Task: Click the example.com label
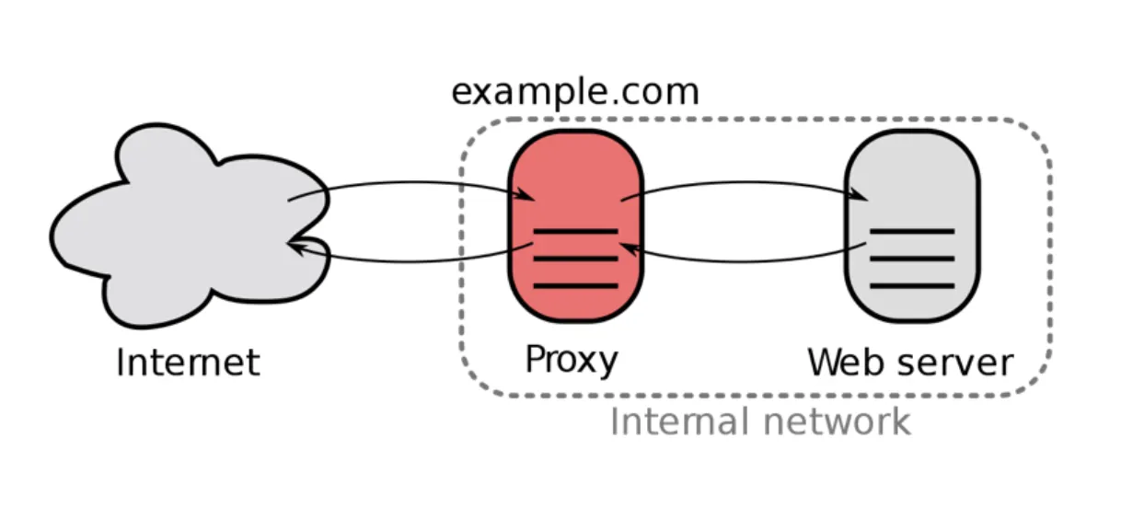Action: click(x=575, y=93)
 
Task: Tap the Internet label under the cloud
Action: click(x=188, y=362)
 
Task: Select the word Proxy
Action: click(x=572, y=361)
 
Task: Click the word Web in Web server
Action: click(x=850, y=362)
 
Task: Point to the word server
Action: click(x=956, y=363)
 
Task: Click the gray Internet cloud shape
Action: click(x=191, y=225)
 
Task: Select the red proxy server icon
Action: click(x=575, y=225)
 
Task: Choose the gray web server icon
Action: click(x=912, y=225)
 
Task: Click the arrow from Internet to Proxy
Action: click(x=411, y=183)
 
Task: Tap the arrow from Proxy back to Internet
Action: click(x=411, y=260)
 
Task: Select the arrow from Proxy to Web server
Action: click(x=745, y=183)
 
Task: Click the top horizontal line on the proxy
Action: click(x=576, y=232)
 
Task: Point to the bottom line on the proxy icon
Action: click(x=576, y=286)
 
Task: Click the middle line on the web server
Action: click(x=912, y=259)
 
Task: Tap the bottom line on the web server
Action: click(x=912, y=286)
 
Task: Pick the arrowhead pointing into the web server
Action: click(x=860, y=195)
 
